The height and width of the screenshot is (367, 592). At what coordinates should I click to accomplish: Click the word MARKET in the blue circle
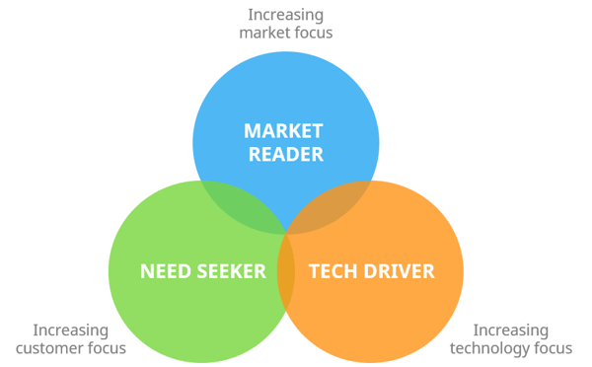[284, 131]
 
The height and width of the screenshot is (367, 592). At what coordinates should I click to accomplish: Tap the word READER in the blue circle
[284, 155]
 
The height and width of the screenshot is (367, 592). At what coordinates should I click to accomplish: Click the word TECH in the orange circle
[332, 269]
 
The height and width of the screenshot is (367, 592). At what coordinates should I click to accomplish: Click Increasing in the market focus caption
[286, 15]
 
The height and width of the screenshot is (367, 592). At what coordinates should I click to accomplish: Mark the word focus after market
[311, 33]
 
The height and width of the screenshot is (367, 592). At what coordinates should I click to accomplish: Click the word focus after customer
[107, 347]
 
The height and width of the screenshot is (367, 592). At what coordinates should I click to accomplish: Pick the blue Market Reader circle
[284, 99]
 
